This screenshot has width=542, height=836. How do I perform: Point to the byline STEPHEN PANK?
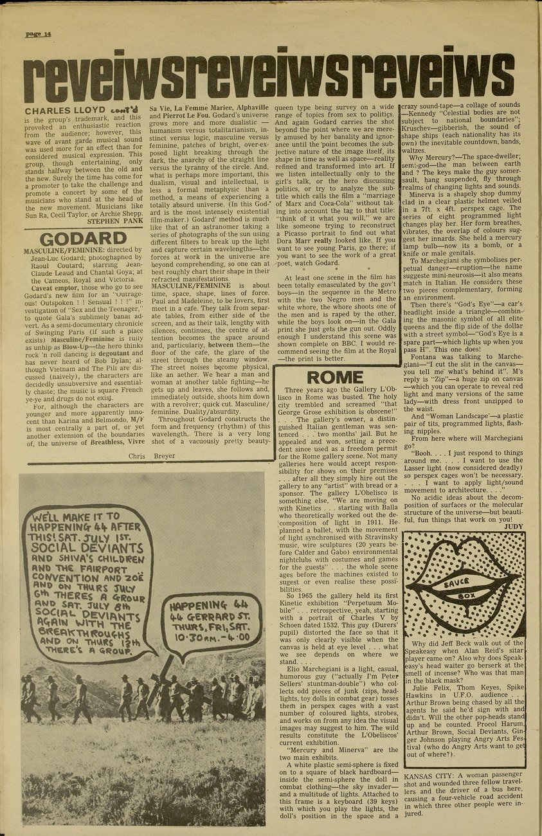(115, 220)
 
